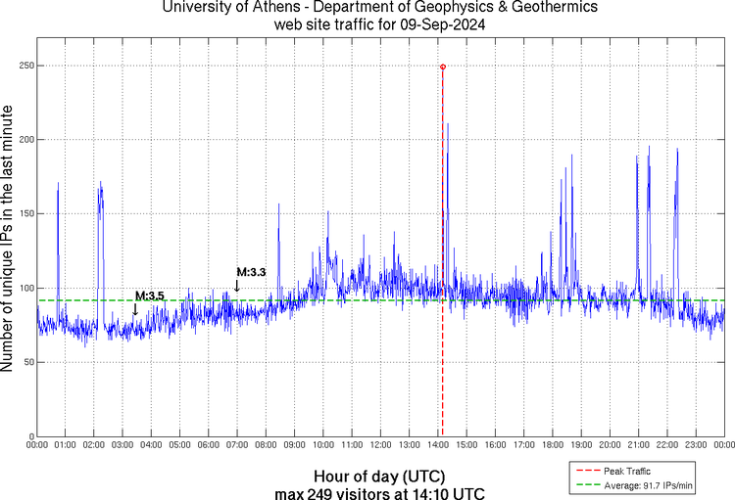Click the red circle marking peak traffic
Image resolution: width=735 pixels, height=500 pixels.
point(443,67)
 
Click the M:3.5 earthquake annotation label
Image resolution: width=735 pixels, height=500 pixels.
point(150,295)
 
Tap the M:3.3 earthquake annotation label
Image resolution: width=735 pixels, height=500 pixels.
point(252,271)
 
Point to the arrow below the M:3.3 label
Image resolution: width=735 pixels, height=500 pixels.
point(236,286)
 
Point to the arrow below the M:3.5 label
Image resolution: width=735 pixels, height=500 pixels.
point(135,309)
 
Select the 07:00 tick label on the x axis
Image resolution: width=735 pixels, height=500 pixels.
point(237,446)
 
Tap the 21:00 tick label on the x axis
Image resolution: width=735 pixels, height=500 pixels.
point(638,446)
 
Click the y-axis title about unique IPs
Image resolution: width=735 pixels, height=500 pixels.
point(9,238)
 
